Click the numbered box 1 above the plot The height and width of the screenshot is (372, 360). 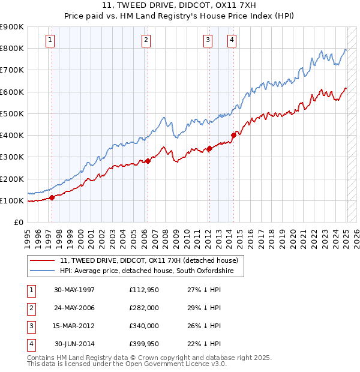pos(50,41)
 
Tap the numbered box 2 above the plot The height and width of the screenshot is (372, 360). pos(146,41)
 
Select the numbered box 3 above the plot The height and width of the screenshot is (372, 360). pos(208,41)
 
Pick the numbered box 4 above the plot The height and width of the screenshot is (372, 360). pos(232,41)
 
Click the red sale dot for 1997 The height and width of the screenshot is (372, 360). pos(52,197)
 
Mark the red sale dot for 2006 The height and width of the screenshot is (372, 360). pos(148,161)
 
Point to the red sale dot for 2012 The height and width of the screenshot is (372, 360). pos(209,148)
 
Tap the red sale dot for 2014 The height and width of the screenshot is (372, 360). pos(233,135)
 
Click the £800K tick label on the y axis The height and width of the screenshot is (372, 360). pos(12,48)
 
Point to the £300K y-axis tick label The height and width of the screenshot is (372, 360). pos(12,157)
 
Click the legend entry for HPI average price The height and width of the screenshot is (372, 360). pos(152,272)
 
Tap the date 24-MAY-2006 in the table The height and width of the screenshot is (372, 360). pos(74,308)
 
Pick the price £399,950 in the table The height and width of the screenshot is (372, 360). pos(144,344)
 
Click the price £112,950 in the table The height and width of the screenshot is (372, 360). pos(144,290)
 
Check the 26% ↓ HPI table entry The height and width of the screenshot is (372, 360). pos(204,326)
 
